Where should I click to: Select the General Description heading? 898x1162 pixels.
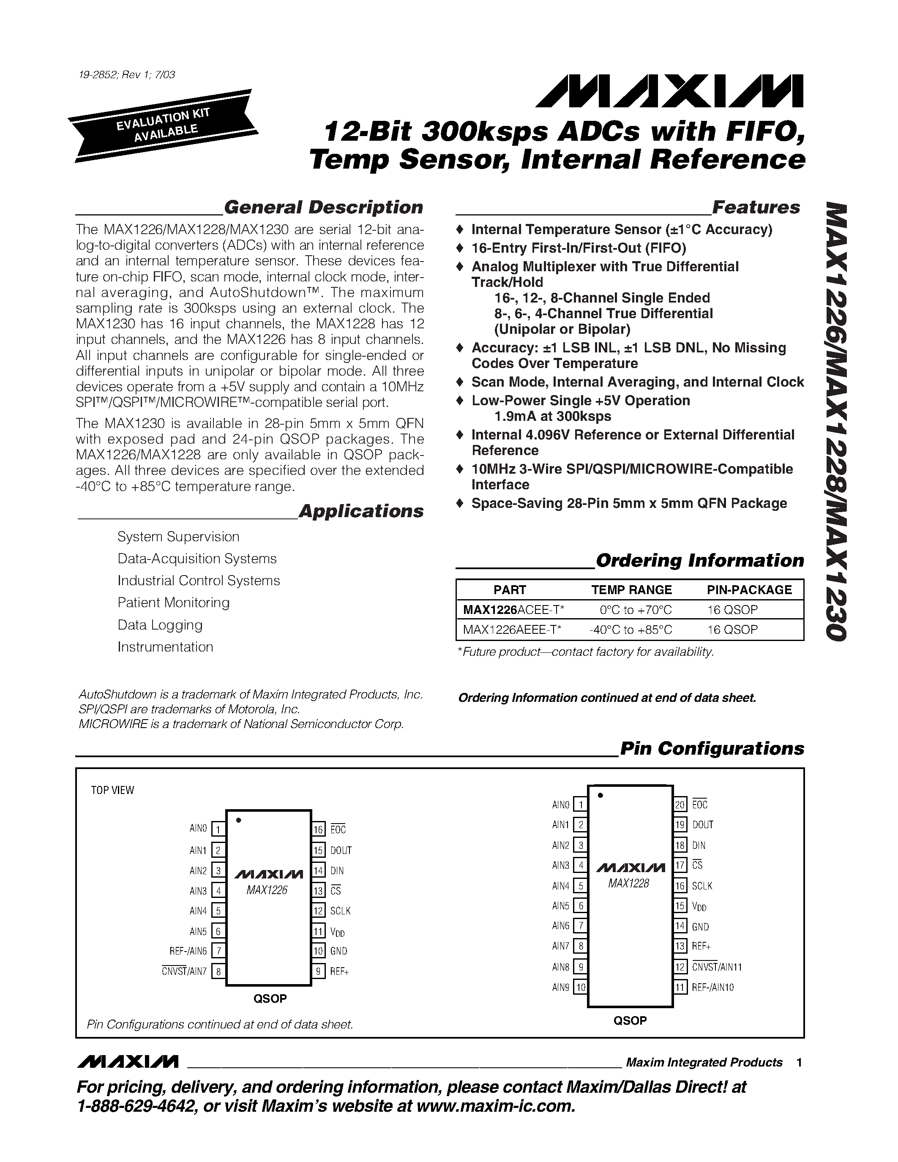[323, 207]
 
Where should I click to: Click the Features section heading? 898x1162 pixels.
[756, 207]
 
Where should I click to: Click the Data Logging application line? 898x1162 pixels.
[160, 625]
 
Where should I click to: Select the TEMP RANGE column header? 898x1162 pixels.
[631, 589]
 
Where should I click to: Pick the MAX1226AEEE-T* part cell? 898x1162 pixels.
[512, 630]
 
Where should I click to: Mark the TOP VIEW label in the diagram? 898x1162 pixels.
[112, 790]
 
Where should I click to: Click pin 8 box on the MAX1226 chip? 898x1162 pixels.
[218, 971]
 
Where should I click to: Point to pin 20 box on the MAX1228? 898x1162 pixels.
[680, 805]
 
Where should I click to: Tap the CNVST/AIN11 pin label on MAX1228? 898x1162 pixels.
[717, 967]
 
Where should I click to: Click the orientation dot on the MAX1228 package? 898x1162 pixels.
[600, 795]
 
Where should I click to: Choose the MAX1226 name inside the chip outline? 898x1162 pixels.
[267, 890]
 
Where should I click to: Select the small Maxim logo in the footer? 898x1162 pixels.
[128, 1062]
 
